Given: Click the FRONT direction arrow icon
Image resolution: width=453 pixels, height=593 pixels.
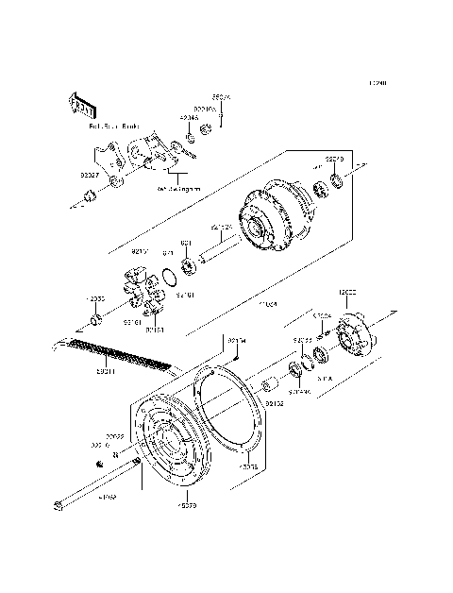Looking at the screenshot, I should pos(81,99).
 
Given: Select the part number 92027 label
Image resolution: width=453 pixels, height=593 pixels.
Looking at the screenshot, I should pos(90,174).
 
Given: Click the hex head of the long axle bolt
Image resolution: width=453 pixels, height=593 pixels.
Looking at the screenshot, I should pos(60,507).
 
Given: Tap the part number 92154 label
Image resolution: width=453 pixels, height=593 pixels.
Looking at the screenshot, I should pos(235,339).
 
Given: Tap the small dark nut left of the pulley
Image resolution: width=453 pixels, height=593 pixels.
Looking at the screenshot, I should pos(99,464).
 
